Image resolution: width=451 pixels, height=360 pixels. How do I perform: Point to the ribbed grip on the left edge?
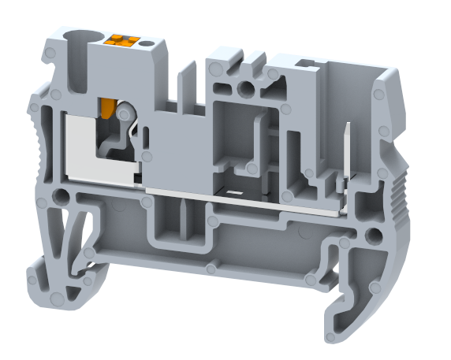click(x=35, y=150)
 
